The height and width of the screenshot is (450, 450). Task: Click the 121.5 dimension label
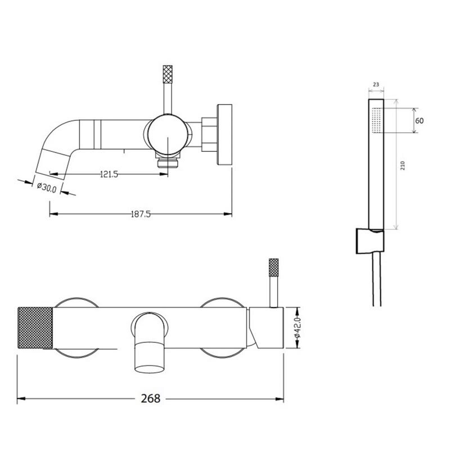point(109,174)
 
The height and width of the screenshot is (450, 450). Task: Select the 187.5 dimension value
point(141,214)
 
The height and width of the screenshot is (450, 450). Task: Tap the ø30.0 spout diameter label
point(47,187)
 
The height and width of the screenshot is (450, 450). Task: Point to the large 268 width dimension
point(150,398)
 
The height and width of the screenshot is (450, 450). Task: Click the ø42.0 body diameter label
point(297,327)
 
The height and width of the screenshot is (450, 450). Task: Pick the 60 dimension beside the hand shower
point(419,121)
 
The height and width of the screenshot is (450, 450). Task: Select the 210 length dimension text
point(403,165)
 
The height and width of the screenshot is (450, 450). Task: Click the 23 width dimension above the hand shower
point(376,84)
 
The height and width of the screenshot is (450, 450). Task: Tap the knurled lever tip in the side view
point(168,74)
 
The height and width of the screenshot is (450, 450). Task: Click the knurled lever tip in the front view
point(273,268)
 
